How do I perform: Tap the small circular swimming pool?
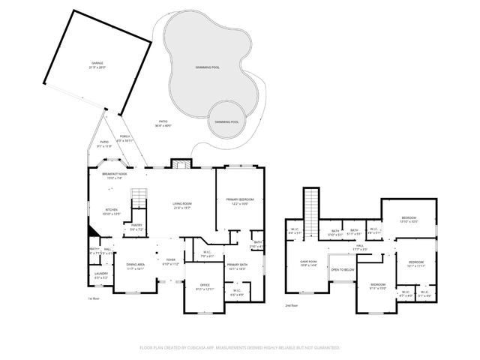226,120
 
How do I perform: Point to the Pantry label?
136,226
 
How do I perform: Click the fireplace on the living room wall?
180,165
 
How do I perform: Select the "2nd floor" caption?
291,306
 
